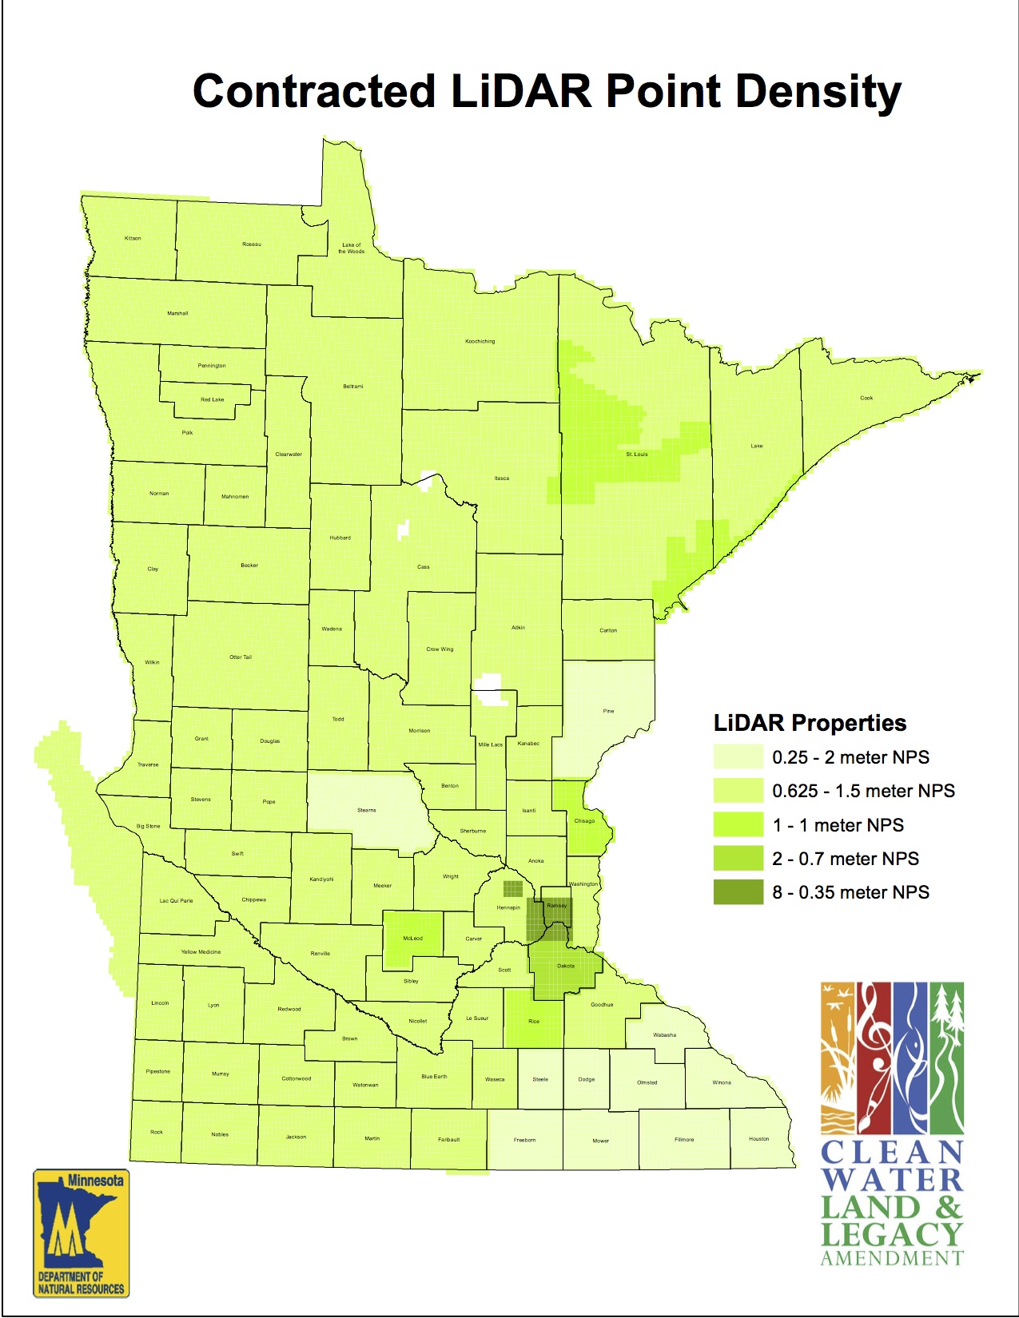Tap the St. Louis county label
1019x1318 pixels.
637,454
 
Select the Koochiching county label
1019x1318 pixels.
480,341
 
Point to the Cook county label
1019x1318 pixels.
866,398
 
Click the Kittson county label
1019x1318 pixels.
133,238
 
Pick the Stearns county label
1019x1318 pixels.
367,810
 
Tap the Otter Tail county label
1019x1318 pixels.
241,657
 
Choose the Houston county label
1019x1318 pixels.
759,1139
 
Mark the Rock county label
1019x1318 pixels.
157,1132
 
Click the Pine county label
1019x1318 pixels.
609,711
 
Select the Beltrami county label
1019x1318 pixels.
353,387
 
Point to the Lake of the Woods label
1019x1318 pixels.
352,248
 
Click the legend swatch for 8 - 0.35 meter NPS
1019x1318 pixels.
738,892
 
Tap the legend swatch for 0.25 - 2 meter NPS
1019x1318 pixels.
738,757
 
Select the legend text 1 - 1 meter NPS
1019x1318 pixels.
838,825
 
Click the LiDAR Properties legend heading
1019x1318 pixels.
810,723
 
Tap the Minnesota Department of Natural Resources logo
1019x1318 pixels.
81,1233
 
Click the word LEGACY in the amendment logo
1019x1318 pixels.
891,1235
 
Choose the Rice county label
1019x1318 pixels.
534,1022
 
